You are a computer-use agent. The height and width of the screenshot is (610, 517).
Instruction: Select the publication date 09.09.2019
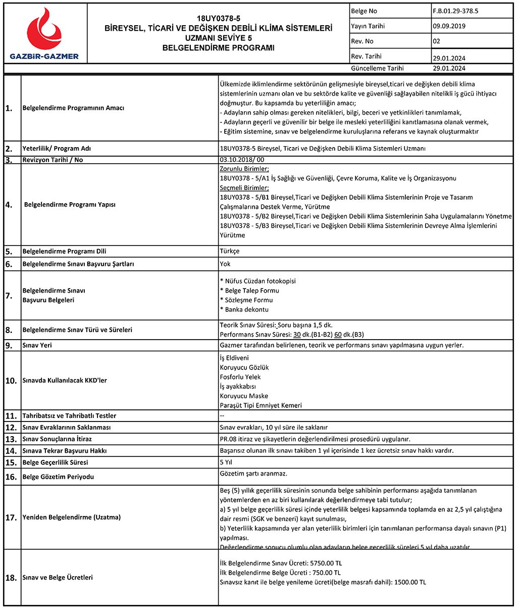449,26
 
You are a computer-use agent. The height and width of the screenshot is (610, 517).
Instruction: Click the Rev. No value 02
436,41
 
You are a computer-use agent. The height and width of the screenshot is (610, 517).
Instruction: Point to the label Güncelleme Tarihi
377,68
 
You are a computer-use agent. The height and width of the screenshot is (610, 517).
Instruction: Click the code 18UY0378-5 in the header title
218,18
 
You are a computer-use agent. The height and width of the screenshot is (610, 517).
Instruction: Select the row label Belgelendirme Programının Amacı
73,108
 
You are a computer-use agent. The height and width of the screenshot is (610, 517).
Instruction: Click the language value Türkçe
230,251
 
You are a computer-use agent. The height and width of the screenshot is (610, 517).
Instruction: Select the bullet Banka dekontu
244,309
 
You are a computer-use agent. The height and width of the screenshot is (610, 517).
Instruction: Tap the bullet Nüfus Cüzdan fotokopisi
258,281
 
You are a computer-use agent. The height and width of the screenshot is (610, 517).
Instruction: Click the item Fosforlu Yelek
240,377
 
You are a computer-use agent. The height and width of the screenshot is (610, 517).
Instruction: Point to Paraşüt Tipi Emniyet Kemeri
261,405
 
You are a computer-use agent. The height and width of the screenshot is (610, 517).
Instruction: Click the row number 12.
11,428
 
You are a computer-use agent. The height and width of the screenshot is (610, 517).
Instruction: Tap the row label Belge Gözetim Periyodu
58,477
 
